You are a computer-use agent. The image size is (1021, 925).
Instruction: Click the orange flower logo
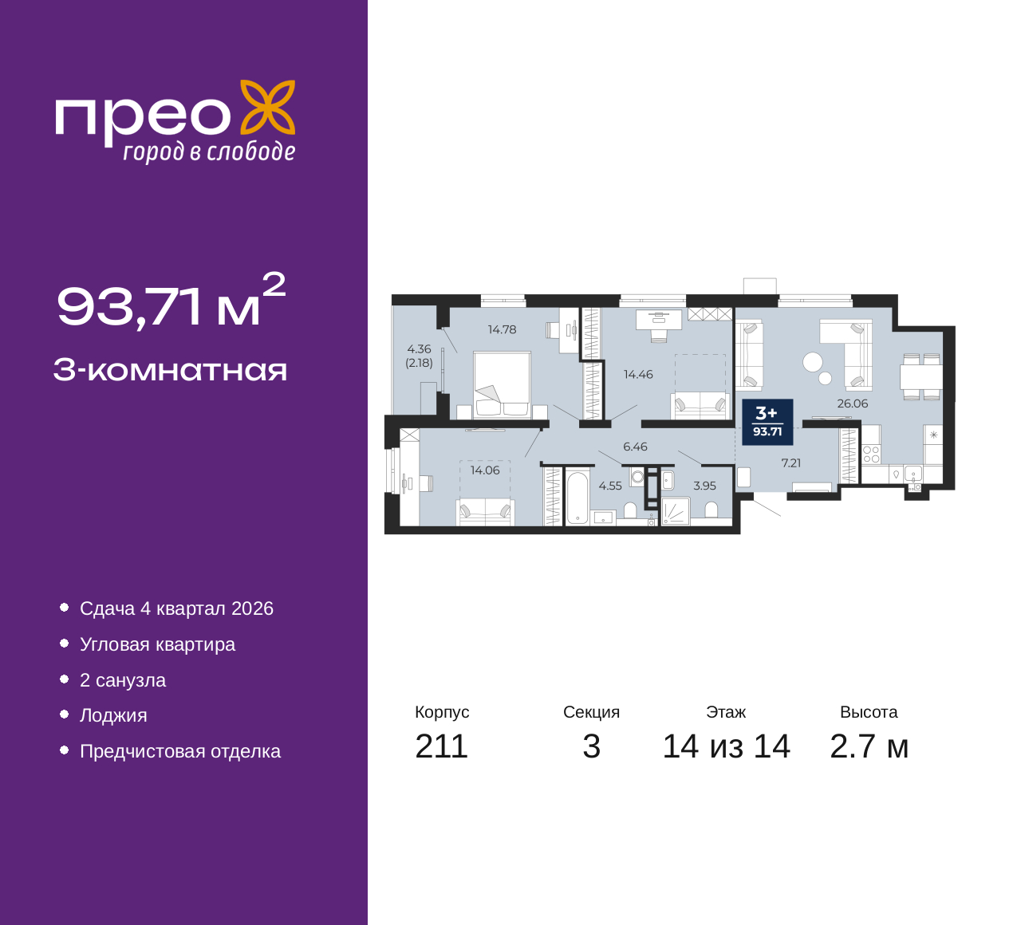[267, 108]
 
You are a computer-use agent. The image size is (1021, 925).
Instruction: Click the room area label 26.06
[853, 403]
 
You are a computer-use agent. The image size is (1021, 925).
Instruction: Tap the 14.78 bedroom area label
[502, 329]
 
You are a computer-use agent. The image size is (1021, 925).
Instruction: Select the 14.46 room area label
[638, 374]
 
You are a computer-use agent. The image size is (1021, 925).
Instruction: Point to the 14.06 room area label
[485, 470]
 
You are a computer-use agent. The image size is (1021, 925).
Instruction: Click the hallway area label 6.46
[635, 447]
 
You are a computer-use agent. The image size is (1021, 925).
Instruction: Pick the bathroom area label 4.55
[610, 486]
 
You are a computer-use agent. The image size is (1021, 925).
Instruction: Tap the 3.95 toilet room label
[704, 486]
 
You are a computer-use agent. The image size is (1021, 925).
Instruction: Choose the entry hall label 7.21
[791, 462]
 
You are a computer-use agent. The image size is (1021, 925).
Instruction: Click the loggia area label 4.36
[419, 349]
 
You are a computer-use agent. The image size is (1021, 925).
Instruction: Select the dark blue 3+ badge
[767, 422]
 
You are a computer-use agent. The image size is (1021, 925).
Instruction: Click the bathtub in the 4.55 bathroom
[578, 498]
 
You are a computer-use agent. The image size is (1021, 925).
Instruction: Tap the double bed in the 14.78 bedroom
[503, 385]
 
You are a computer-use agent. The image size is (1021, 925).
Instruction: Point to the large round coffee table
[813, 362]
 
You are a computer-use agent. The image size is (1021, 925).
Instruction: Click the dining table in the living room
[921, 377]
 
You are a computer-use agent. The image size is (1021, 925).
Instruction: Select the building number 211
[441, 746]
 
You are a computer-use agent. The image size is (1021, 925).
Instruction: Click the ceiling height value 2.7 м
[869, 746]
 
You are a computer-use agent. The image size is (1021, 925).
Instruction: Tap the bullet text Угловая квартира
[157, 644]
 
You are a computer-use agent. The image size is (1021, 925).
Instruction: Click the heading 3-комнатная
[170, 371]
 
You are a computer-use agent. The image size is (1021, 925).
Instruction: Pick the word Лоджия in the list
[113, 715]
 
